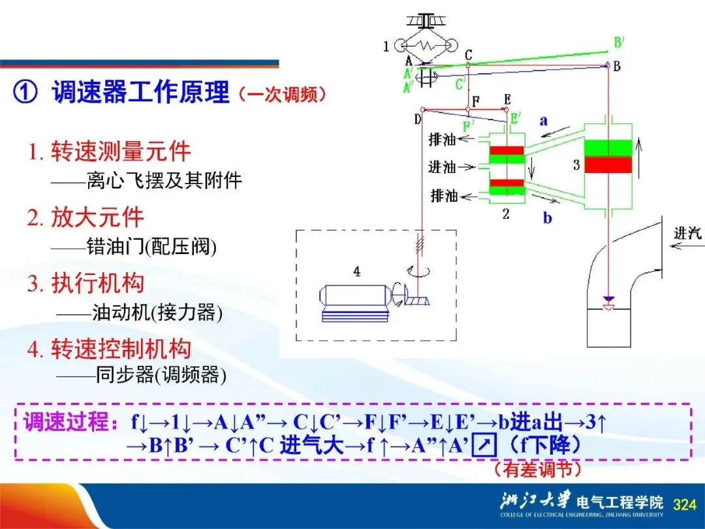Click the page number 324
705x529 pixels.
684,504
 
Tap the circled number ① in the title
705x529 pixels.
25,93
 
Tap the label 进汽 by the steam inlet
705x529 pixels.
687,232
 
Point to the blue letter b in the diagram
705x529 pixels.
547,218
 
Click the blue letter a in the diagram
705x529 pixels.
543,121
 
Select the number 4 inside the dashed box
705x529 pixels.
357,272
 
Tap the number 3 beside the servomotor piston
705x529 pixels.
576,165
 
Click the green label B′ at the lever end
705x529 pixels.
618,43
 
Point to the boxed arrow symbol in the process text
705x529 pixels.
484,446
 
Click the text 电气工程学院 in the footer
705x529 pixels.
619,503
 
